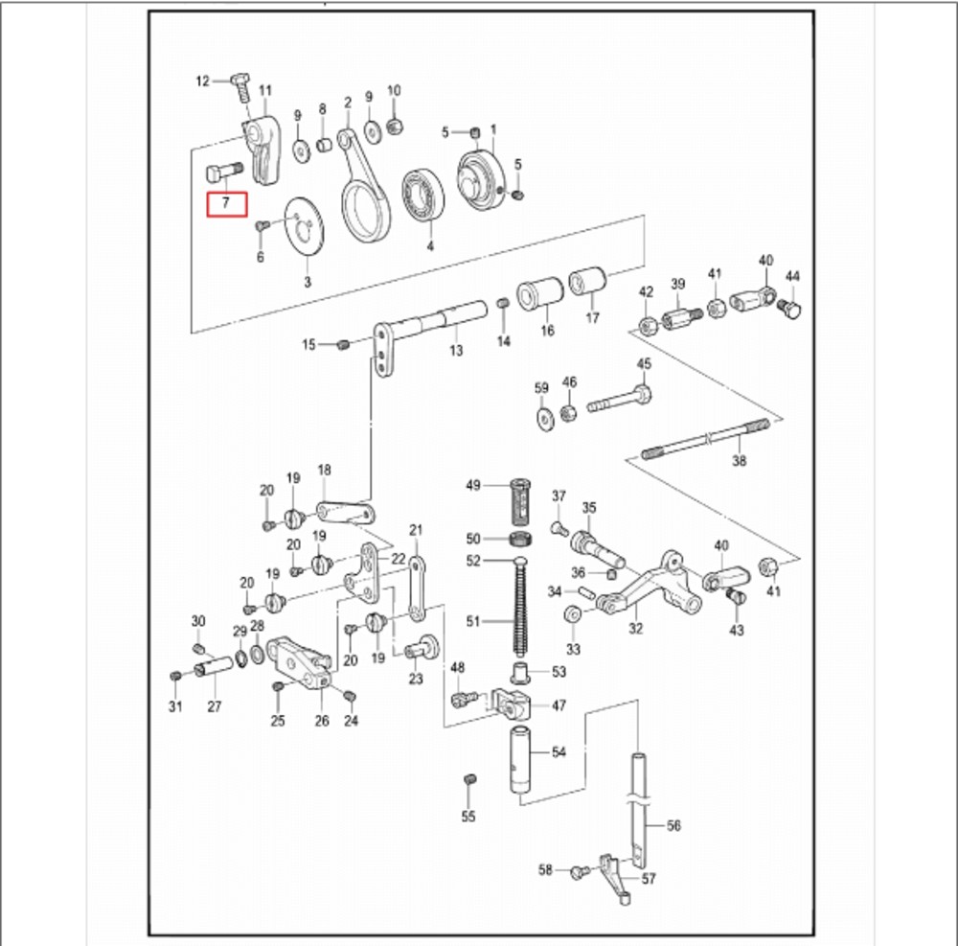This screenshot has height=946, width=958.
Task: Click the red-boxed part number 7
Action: tap(227, 203)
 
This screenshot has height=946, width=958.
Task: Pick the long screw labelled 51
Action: tap(521, 604)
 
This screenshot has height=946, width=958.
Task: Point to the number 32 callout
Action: tap(636, 629)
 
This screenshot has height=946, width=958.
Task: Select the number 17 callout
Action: tap(592, 317)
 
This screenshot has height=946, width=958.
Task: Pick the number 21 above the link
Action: tap(416, 530)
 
